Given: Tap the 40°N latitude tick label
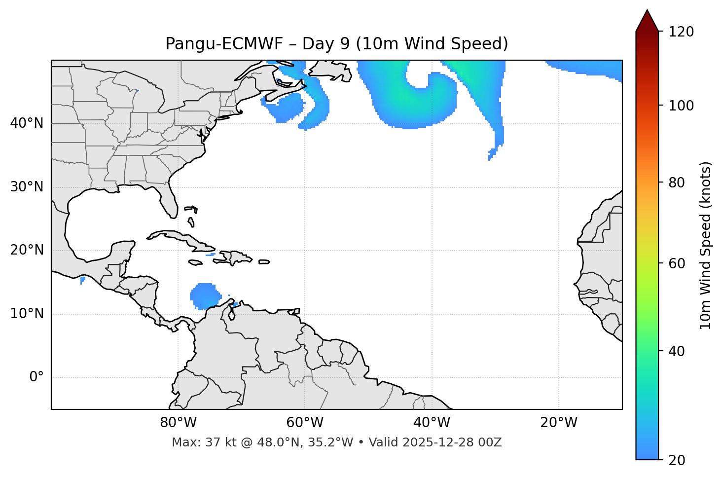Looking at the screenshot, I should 27,123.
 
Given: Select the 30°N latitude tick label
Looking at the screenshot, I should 27,187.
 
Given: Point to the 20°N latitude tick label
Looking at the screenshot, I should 27,250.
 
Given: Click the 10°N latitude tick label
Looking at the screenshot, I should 27,314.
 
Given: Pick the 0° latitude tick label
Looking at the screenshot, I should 36,377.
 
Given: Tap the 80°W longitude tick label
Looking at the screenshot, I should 178,423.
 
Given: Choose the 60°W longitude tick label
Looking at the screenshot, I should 305,423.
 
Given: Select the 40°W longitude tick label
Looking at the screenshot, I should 432,423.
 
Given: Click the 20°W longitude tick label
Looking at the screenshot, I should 558,423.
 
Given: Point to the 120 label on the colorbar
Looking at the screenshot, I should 681,32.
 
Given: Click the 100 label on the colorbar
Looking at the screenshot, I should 681,106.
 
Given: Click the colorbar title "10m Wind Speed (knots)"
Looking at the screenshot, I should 706,245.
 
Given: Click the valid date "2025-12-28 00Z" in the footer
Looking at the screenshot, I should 452,442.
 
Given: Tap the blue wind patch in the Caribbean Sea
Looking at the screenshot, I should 204,295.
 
